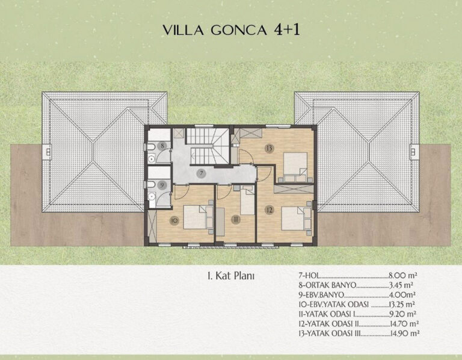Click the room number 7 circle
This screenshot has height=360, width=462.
click(202, 173)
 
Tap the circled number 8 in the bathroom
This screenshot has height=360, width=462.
click(162, 145)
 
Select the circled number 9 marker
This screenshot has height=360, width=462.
click(162, 185)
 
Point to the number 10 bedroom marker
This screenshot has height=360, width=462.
click(174, 220)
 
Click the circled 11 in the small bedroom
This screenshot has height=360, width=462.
click(235, 219)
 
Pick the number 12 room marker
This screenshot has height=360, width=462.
click(269, 210)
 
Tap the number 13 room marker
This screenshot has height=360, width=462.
click(269, 148)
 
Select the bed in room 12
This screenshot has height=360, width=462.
click(293, 218)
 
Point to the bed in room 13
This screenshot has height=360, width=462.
click(295, 164)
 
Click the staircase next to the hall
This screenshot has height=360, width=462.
click(208, 146)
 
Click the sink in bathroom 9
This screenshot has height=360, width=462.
click(152, 196)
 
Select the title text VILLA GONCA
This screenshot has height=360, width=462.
click(215, 30)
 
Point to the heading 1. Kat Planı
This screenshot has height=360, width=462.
click(231, 276)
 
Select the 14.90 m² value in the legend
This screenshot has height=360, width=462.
click(404, 333)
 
